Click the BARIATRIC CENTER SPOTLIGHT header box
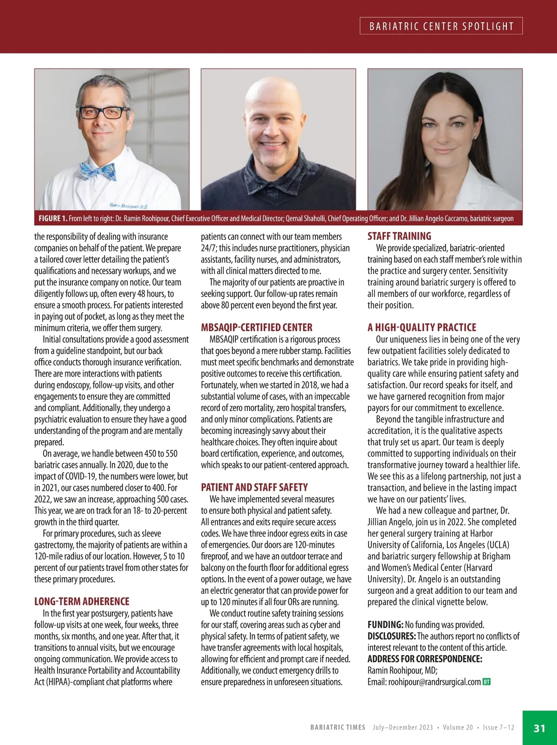[441, 26]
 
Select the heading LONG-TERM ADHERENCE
[82, 601]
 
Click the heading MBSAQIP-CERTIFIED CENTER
[256, 327]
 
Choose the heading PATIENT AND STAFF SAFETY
[254, 487]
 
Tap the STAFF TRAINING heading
[399, 236]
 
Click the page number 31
[539, 728]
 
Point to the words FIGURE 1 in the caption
[53, 218]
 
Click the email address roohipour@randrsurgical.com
[434, 682]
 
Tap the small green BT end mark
[486, 682]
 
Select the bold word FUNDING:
[385, 624]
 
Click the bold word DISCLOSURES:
[391, 636]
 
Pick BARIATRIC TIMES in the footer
[337, 727]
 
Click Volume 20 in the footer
[458, 727]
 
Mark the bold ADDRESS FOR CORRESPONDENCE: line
[425, 659]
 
